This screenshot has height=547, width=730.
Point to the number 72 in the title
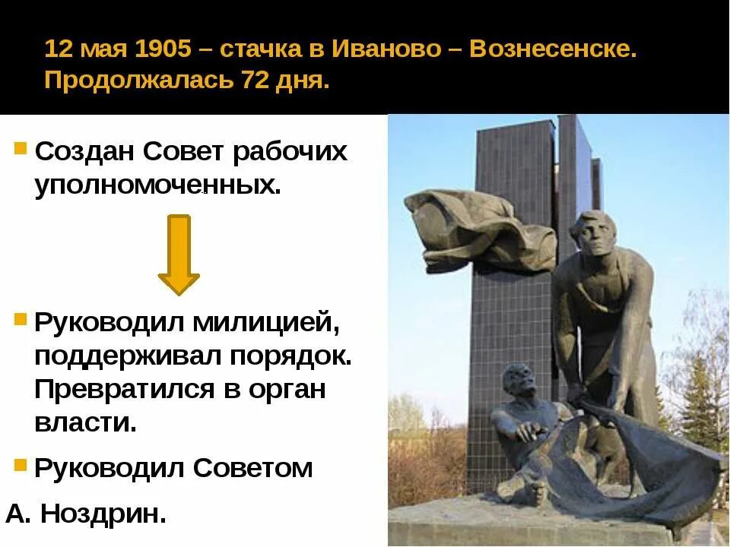click(257, 81)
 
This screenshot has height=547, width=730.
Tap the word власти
click(85, 422)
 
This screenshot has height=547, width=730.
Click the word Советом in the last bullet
click(253, 467)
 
